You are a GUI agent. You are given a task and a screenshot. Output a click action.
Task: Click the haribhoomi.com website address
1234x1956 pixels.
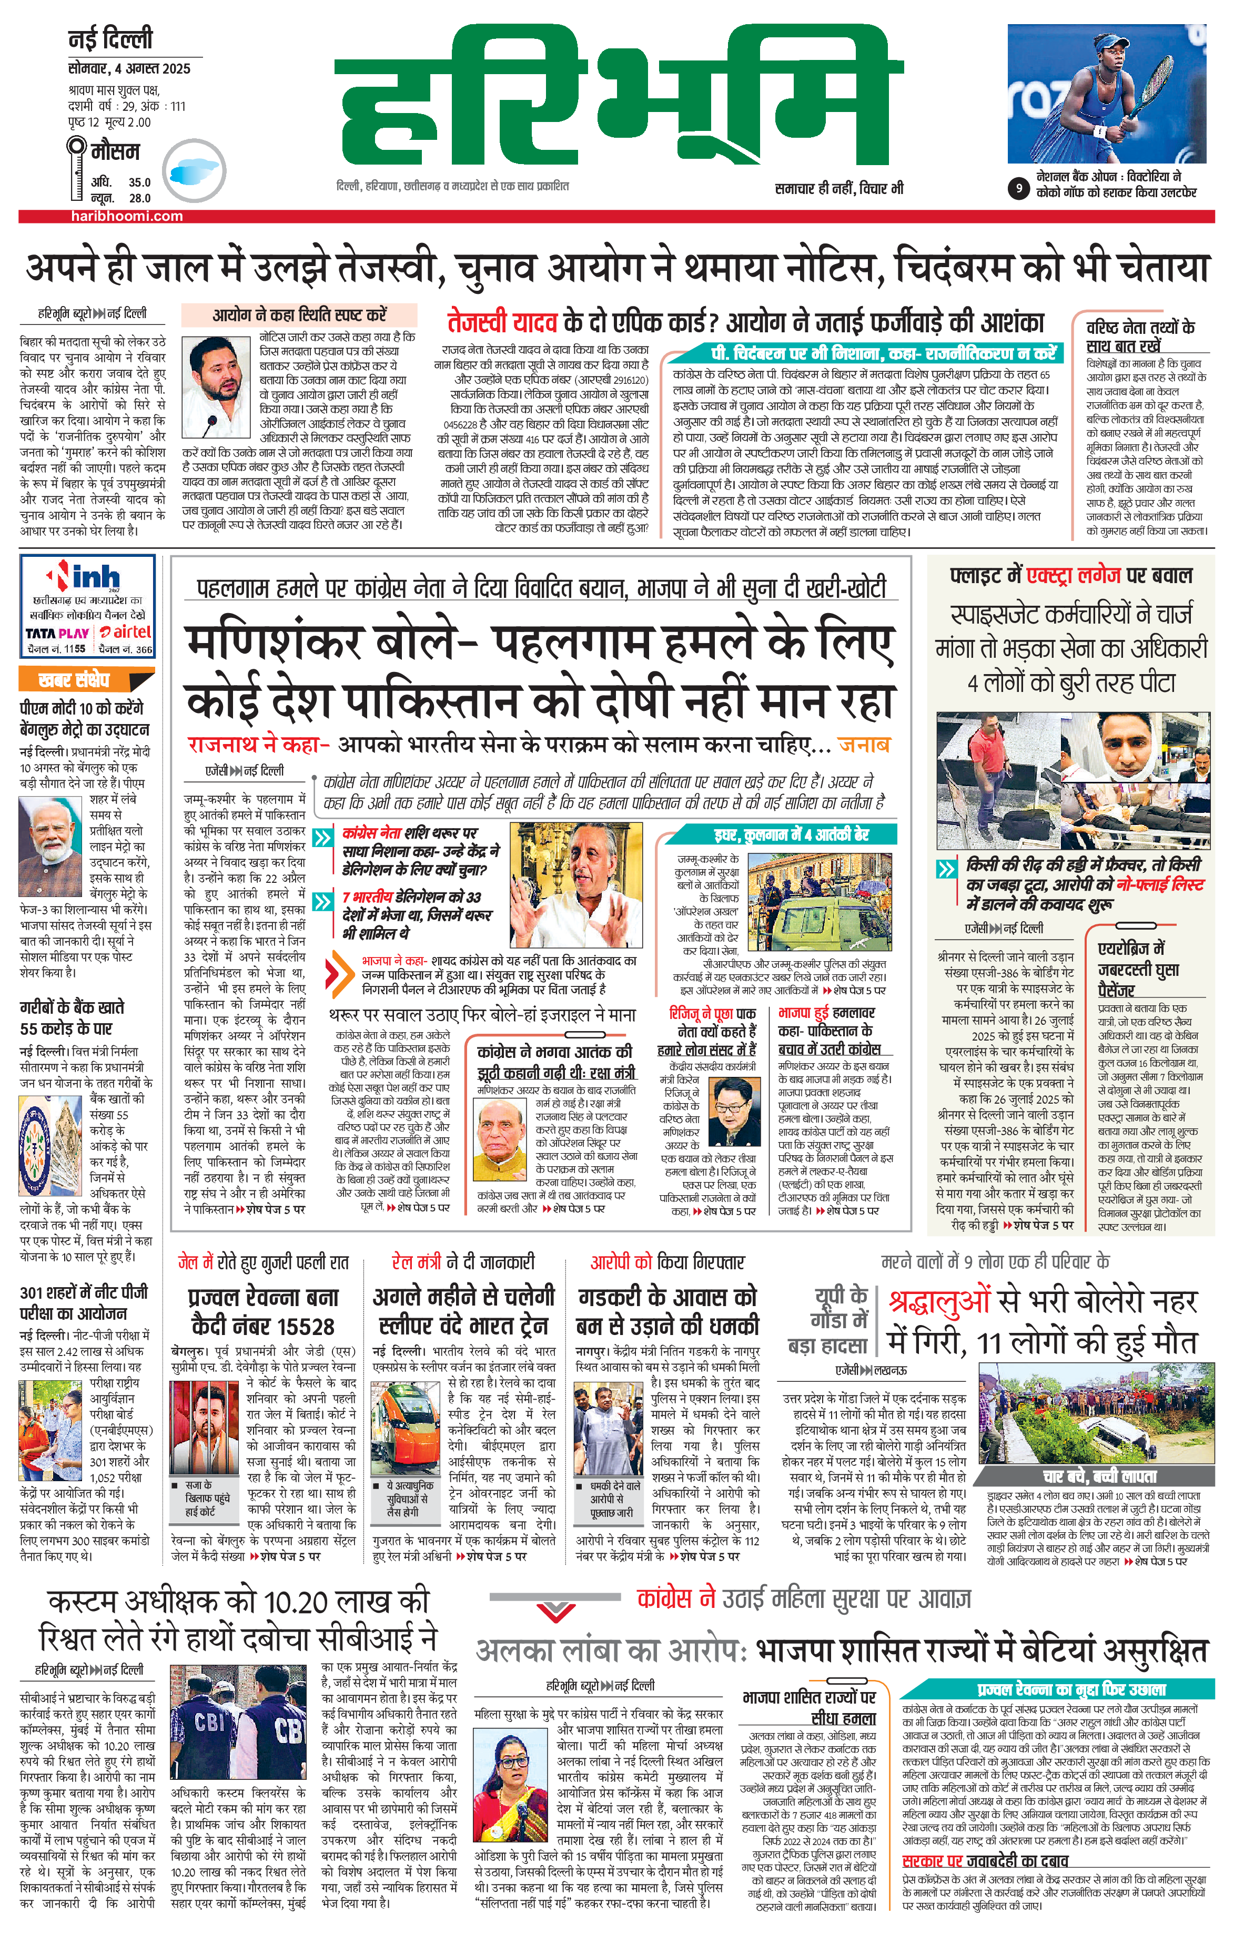pyautogui.click(x=127, y=216)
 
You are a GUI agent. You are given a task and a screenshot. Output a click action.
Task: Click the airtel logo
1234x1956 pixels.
pyautogui.click(x=126, y=632)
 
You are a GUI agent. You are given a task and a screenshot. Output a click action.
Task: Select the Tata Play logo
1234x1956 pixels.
pyautogui.click(x=57, y=633)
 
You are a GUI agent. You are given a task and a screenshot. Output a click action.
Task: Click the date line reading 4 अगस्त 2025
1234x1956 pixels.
pyautogui.click(x=130, y=68)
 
